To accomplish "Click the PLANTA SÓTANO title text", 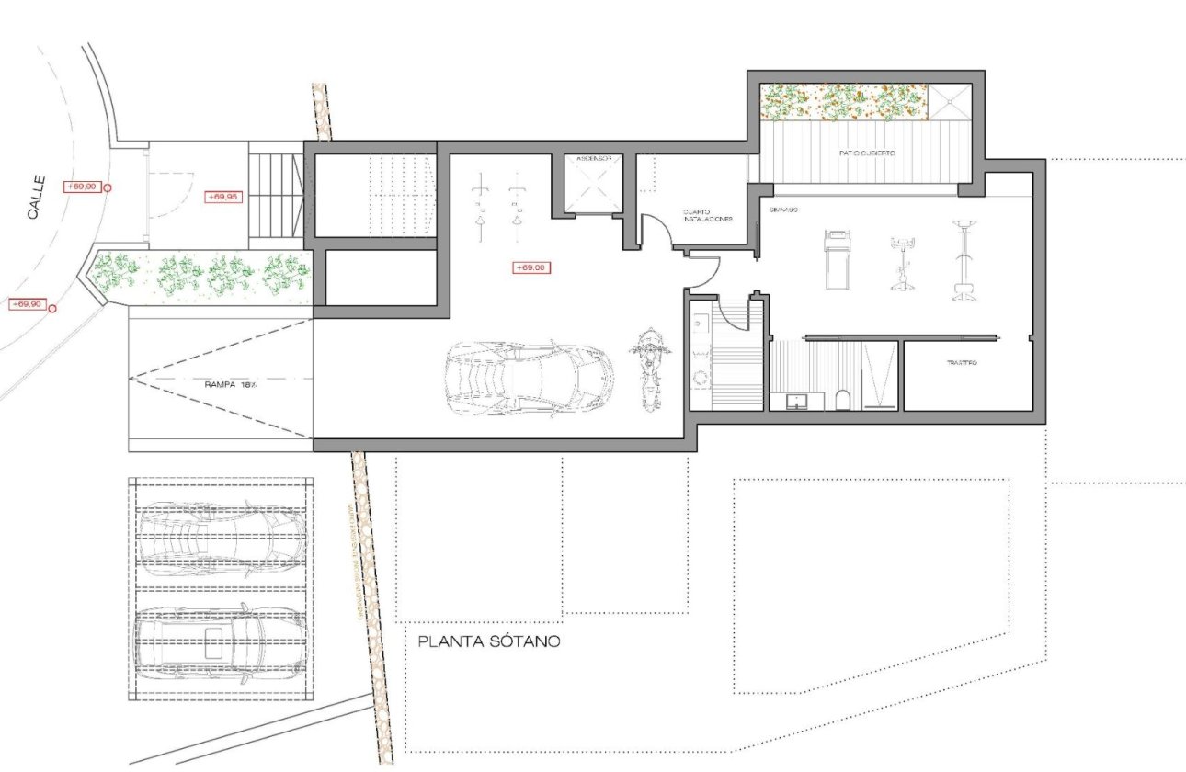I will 488,641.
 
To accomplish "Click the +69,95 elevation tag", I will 223,197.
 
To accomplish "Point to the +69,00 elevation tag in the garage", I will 530,267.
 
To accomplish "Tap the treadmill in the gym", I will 837,259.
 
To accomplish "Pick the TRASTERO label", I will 962,364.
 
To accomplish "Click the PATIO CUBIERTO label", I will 866,153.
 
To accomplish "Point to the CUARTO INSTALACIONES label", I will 707,216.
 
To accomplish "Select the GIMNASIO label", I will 783,210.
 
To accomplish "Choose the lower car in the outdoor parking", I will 221,638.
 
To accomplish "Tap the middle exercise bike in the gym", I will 900,265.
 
